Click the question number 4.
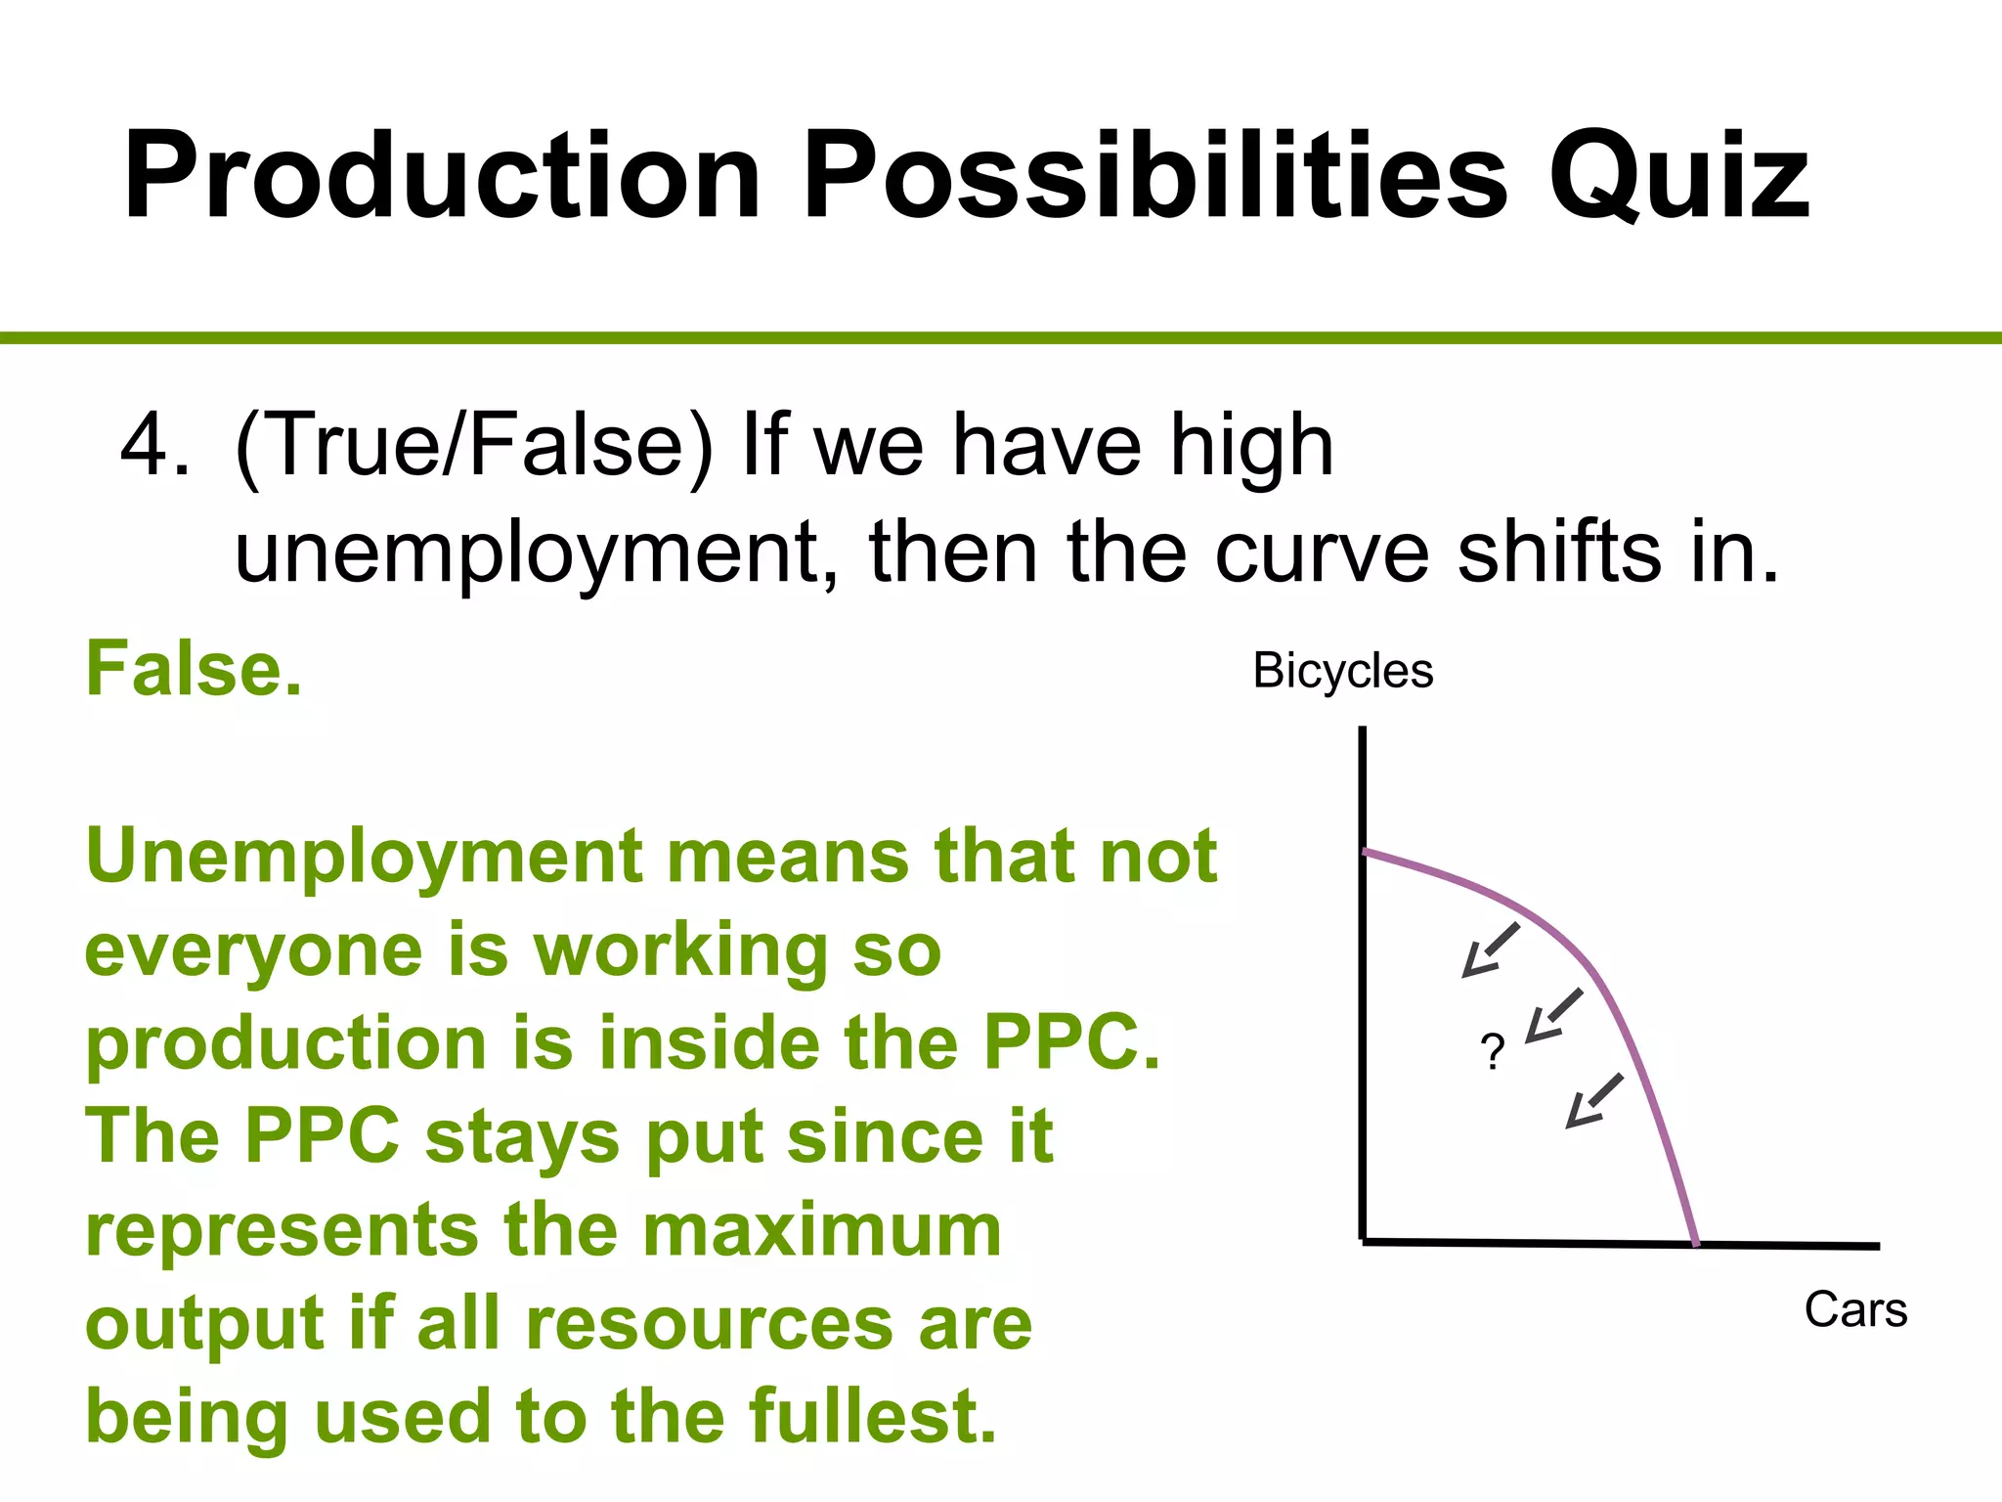(x=154, y=445)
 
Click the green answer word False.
(x=194, y=669)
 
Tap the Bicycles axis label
(x=1342, y=671)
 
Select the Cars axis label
(x=1854, y=1309)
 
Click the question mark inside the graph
(x=1492, y=1052)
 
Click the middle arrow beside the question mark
(x=1553, y=1016)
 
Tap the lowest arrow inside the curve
(x=1594, y=1101)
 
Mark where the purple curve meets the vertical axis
(x=1365, y=852)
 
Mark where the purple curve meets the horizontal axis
(x=1696, y=1244)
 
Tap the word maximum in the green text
(x=822, y=1230)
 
